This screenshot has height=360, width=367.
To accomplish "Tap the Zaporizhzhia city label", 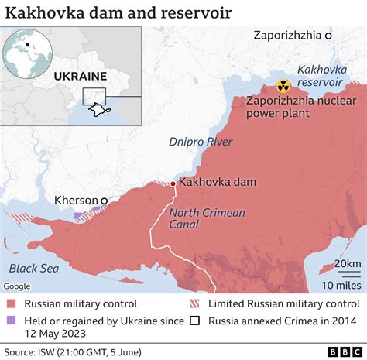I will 286,36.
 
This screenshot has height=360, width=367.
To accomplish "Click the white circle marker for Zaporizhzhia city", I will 328,36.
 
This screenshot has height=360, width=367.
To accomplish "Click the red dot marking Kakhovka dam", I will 173,183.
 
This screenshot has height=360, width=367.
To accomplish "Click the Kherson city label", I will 77,200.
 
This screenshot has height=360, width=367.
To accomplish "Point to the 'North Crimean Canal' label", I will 207,218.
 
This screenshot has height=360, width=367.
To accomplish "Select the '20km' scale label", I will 347,264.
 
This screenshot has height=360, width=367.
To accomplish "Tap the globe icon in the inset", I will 26,52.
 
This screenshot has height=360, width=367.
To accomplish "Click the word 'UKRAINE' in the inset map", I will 80,76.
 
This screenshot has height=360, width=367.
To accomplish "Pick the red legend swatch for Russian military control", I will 12,304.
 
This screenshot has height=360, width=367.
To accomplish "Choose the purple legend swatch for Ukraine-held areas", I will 12,321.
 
